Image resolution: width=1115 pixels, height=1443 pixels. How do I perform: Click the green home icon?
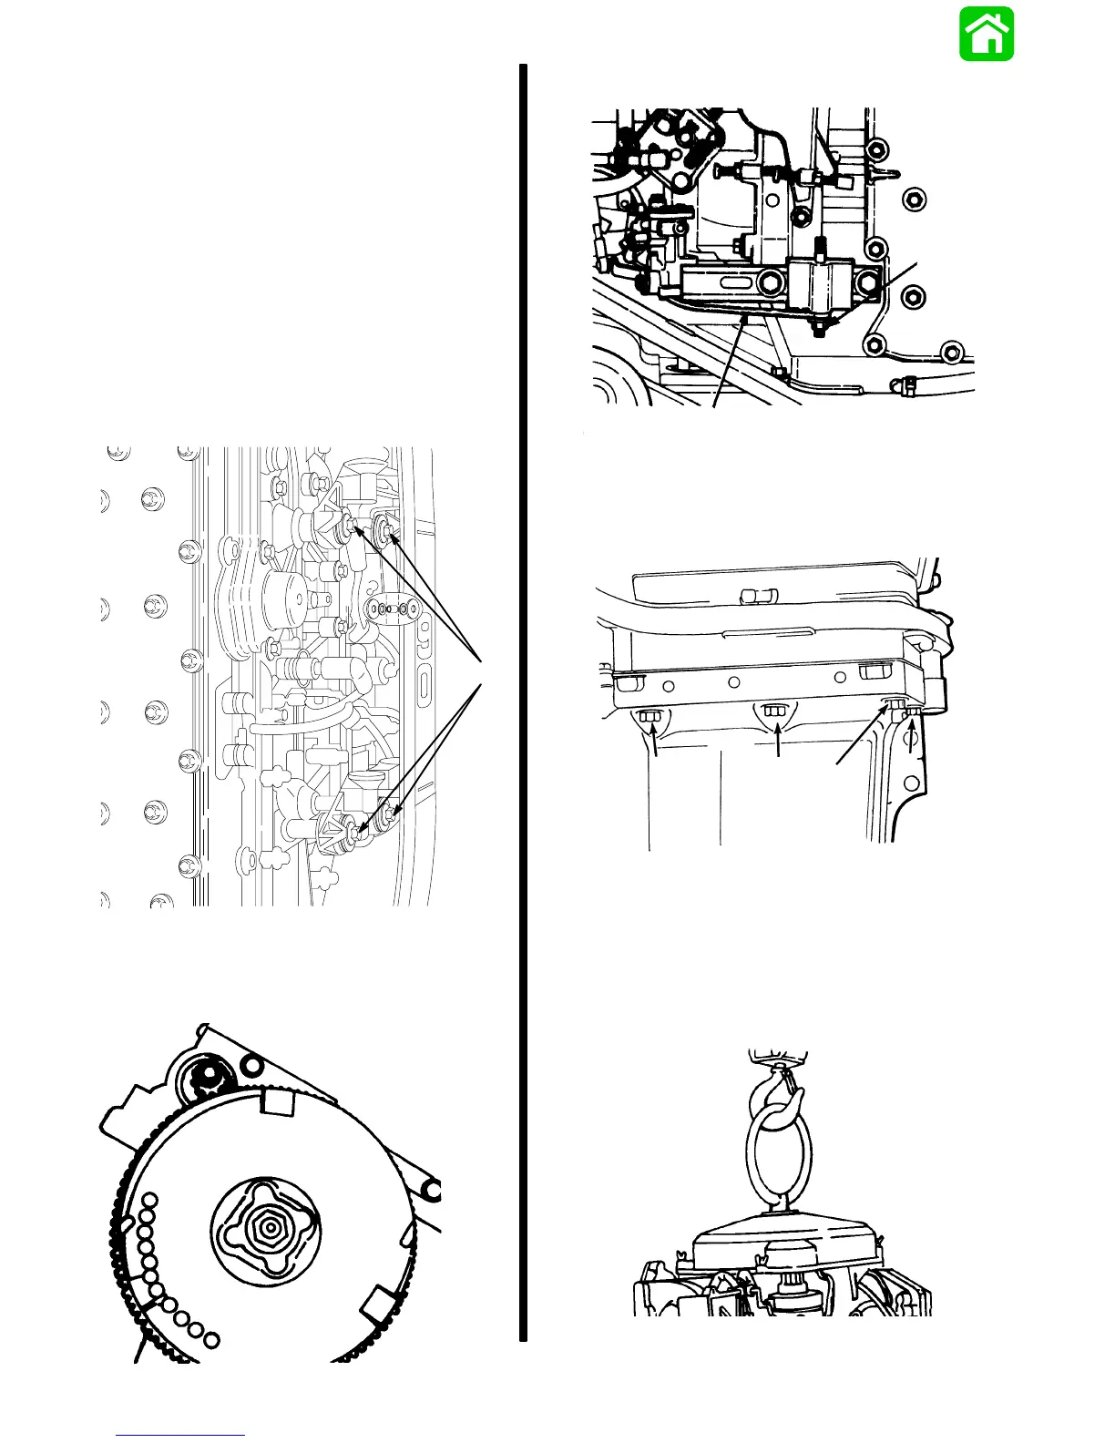point(987,35)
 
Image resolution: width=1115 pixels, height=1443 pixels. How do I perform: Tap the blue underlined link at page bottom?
point(180,1435)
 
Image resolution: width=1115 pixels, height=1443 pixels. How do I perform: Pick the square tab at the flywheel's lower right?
point(378,1307)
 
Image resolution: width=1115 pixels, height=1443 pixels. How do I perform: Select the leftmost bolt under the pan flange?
point(650,717)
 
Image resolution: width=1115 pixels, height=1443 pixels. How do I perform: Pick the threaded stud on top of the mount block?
point(820,248)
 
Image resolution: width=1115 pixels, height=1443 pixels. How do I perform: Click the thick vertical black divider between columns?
point(524,701)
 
